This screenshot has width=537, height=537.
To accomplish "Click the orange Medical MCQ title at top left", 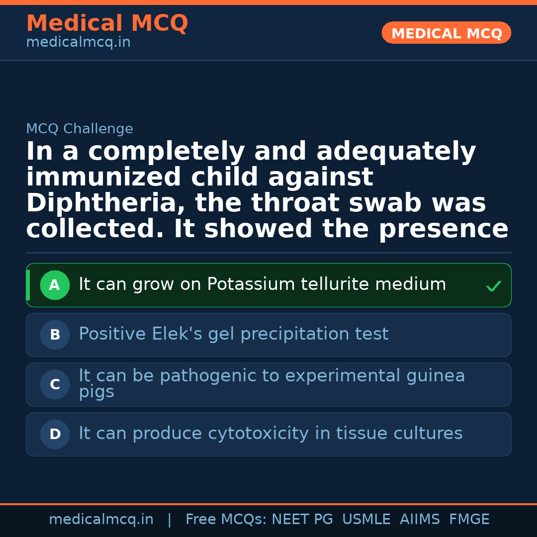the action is [x=107, y=23].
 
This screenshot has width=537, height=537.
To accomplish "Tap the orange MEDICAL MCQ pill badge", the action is [x=447, y=33].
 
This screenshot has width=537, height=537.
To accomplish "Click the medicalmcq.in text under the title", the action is [x=79, y=42].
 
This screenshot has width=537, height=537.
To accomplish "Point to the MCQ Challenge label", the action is [x=80, y=129].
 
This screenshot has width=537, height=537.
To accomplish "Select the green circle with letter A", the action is [x=55, y=285].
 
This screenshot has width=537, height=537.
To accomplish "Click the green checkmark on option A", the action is [x=494, y=286].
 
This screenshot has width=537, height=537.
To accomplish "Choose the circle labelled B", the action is [x=55, y=335].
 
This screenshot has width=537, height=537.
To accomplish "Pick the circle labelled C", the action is [x=55, y=384].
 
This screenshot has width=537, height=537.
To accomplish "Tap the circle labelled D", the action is [x=55, y=434].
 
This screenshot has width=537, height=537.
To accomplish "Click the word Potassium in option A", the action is [x=251, y=284].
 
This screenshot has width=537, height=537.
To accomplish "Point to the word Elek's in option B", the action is [x=177, y=334].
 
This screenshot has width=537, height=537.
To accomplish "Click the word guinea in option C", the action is [x=436, y=376].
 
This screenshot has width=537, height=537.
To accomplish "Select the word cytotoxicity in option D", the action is [x=259, y=433].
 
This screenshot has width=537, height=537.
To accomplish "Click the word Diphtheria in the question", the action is [x=106, y=203].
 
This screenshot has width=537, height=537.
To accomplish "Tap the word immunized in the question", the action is [x=103, y=177].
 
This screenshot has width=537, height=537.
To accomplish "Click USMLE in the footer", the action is [x=366, y=519].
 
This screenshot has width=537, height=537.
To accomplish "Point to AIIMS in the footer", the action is [x=420, y=519].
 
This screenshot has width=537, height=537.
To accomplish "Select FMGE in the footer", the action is [x=469, y=519].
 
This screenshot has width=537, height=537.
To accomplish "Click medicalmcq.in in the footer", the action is [x=101, y=520].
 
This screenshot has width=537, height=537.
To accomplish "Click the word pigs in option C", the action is [x=96, y=392].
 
